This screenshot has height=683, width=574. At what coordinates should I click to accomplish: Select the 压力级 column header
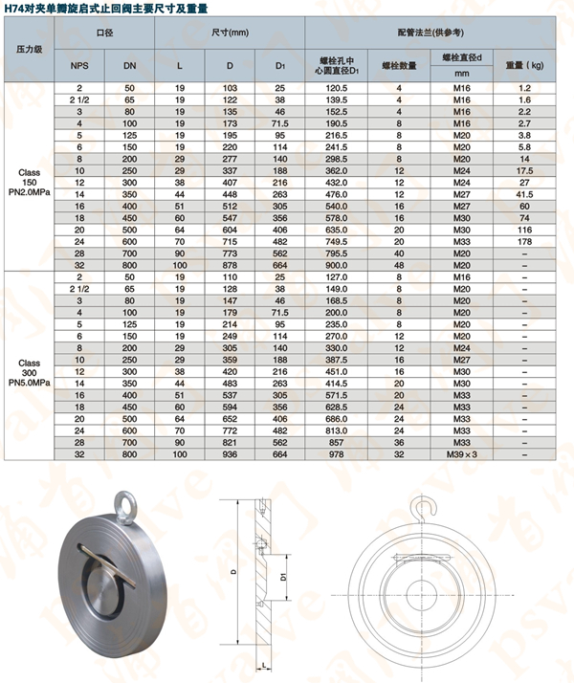pos(28,48)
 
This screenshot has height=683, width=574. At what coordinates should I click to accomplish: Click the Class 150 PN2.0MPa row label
pos(28,182)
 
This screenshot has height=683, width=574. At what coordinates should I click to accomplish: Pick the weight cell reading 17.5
pos(524,169)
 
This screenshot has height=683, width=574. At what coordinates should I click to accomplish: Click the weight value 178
pos(524,242)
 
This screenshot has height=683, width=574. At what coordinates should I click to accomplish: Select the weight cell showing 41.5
pos(524,194)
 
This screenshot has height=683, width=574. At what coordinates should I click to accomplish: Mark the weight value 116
pos(524,231)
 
